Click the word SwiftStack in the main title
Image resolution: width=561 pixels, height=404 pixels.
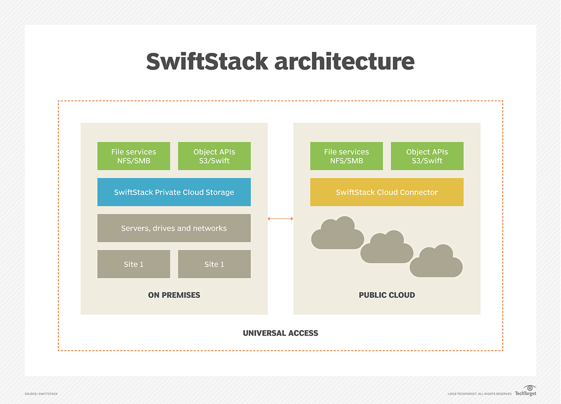207,61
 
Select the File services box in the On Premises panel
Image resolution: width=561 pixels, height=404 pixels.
134,156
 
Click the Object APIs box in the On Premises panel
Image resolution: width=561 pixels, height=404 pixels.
214,156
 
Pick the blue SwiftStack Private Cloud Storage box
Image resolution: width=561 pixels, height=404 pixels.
174,192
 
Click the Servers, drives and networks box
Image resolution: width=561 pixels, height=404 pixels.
174,228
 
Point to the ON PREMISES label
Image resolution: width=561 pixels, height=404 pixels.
174,295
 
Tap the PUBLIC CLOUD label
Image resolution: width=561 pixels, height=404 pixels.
387,295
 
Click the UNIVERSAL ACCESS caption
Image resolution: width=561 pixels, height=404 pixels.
280,333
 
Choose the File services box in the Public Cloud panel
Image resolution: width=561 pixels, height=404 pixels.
346,156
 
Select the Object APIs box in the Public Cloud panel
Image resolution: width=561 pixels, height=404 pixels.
427,156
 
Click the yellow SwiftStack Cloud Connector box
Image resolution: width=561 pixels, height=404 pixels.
387,192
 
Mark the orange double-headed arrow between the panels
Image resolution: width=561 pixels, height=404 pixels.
280,218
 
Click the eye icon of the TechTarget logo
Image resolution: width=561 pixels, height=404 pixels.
530,388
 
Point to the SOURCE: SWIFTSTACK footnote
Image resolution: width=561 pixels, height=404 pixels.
41,394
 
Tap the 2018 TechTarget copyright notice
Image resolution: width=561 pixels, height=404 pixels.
479,394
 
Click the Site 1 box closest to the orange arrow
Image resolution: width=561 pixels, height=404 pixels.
214,264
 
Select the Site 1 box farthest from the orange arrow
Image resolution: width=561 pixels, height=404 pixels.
134,264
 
